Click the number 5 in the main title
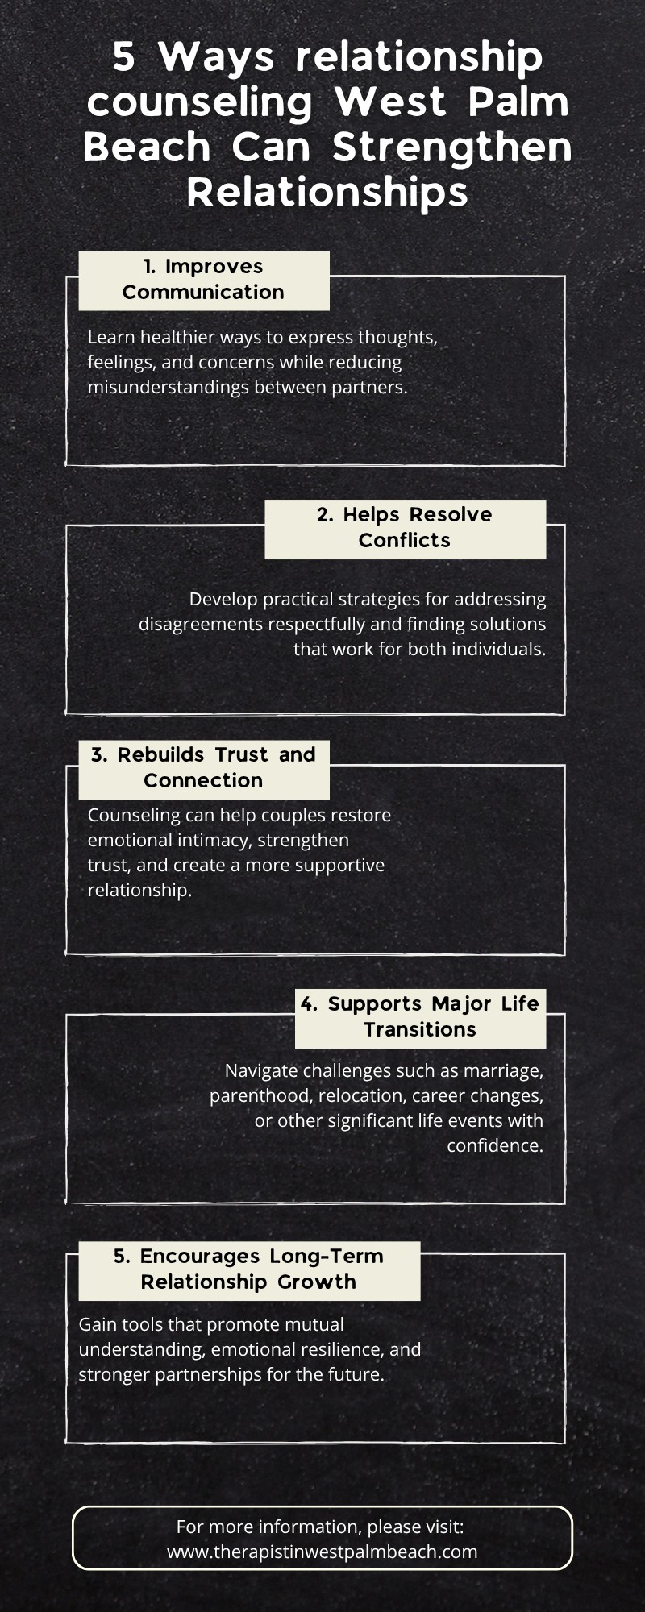(123, 57)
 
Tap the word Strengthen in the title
(451, 147)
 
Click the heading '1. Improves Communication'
(203, 279)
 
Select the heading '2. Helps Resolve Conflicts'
(405, 527)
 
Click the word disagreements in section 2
(198, 624)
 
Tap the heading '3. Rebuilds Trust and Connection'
(203, 767)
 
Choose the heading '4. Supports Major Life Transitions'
(420, 1016)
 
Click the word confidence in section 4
(495, 1145)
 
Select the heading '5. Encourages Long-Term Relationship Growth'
(248, 1269)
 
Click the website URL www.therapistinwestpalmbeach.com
(322, 1552)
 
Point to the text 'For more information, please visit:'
(320, 1527)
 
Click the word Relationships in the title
(327, 193)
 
